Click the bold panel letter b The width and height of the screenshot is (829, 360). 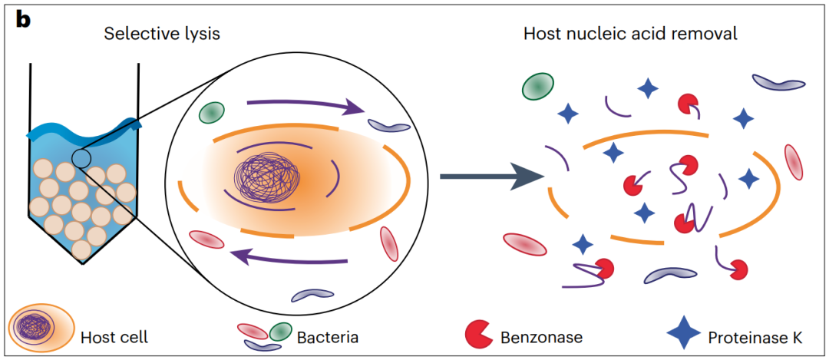(x=23, y=19)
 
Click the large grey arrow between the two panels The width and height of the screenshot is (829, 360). (x=491, y=177)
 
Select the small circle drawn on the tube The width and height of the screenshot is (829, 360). (x=82, y=159)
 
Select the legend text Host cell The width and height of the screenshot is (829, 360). (x=114, y=336)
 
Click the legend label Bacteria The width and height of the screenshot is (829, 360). (x=328, y=336)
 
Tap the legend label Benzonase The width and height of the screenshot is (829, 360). (x=541, y=336)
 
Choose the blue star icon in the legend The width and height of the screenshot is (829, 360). (x=683, y=334)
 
